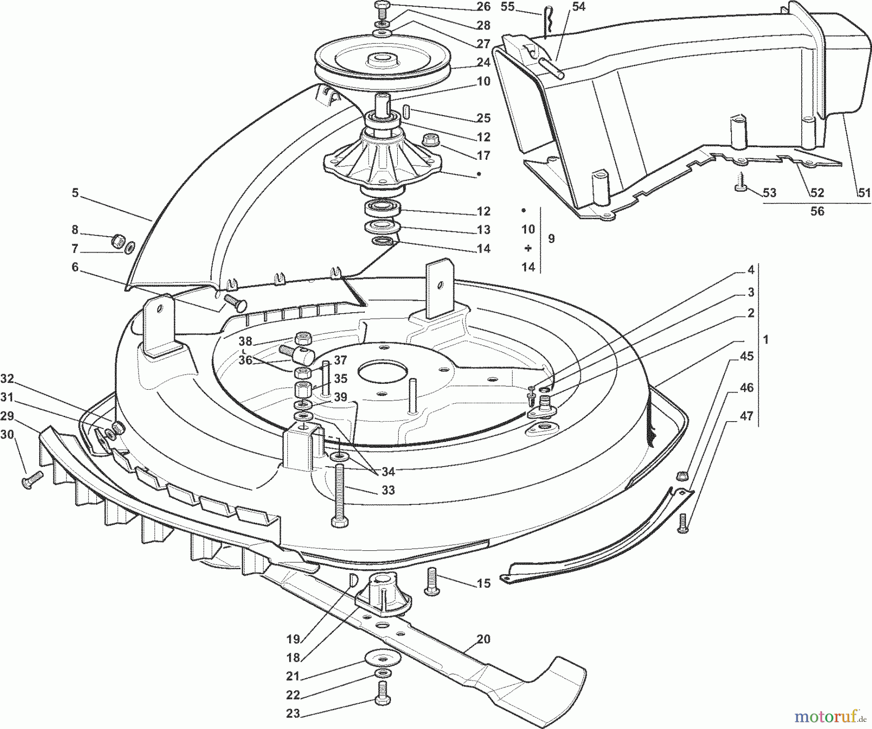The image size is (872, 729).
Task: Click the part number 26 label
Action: point(483,7)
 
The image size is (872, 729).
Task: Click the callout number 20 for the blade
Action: point(483,639)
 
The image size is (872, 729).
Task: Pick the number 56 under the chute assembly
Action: point(817,211)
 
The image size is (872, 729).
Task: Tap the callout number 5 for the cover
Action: point(75,193)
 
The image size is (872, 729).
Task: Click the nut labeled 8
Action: point(117,240)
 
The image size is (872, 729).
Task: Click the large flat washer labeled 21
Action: point(383,658)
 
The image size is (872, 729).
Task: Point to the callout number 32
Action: point(8,378)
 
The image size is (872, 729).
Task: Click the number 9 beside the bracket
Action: point(551,238)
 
